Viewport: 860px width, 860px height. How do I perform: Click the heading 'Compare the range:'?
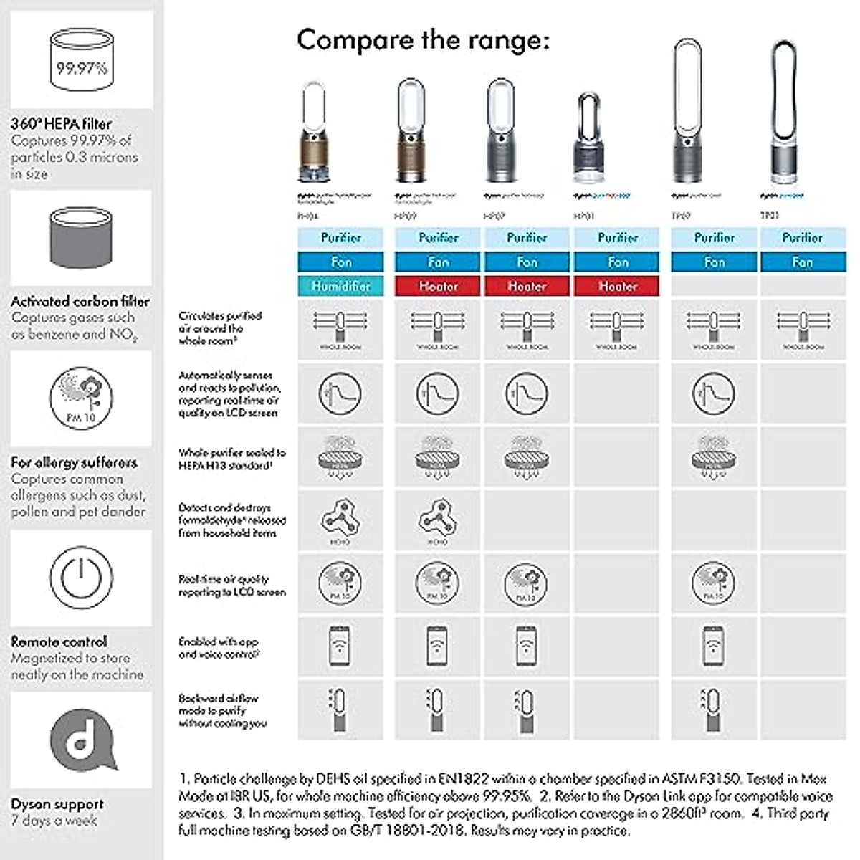(x=423, y=39)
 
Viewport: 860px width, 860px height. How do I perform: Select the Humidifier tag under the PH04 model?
(x=341, y=286)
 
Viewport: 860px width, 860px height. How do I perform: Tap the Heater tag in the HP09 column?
(x=438, y=286)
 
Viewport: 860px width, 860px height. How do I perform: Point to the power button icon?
(x=81, y=577)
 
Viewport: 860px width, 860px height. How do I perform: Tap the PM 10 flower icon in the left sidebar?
(x=81, y=398)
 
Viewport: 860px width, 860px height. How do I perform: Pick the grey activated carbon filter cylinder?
(x=81, y=237)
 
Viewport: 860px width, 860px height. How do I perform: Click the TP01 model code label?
(x=769, y=215)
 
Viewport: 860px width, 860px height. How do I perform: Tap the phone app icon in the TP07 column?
(x=712, y=645)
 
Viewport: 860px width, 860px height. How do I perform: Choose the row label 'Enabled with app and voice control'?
(x=219, y=648)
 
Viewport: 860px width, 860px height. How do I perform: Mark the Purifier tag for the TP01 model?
(x=803, y=237)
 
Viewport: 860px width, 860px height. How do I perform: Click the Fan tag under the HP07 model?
(x=527, y=262)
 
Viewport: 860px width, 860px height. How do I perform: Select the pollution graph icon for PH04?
(x=340, y=393)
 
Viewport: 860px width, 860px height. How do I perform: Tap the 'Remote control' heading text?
(x=59, y=641)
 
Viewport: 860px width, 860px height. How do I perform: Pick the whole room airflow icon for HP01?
(x=616, y=328)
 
